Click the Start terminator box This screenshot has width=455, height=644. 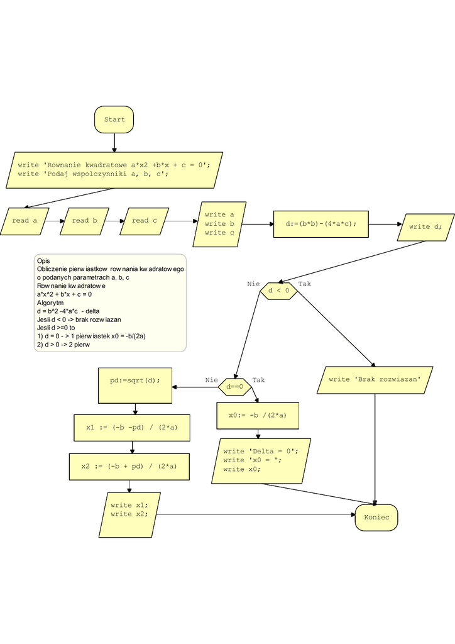(x=114, y=119)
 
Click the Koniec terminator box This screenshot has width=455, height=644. (x=376, y=518)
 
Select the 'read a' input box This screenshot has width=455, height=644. (x=25, y=221)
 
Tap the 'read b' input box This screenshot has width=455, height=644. (x=84, y=221)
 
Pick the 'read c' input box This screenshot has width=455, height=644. (x=144, y=221)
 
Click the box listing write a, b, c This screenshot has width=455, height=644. (x=219, y=224)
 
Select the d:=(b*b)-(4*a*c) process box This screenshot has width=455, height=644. (x=321, y=224)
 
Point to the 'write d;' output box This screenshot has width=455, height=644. (x=425, y=226)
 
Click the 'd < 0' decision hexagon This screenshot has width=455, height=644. (x=278, y=291)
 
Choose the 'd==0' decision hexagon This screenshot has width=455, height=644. (x=234, y=387)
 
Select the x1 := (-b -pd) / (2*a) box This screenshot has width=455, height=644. (x=131, y=428)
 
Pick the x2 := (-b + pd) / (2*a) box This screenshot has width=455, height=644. (x=129, y=467)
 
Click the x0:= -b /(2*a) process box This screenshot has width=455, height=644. (x=257, y=415)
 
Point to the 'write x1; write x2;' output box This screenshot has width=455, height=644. (x=130, y=509)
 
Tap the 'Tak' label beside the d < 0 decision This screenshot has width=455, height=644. (x=304, y=284)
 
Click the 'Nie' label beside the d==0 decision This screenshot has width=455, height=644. (x=211, y=380)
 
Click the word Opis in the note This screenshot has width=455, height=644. (x=43, y=261)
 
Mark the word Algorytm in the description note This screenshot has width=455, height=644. (x=50, y=303)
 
